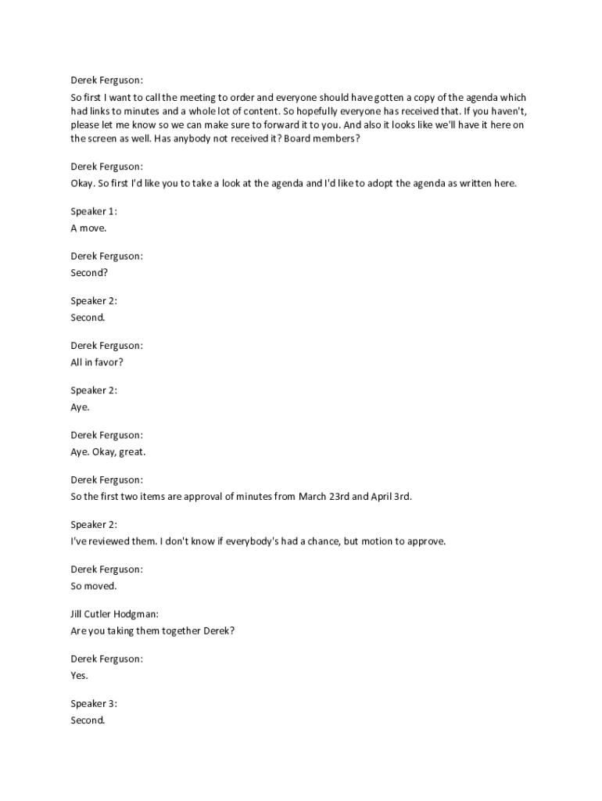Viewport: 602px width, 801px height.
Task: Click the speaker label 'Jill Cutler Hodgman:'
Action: (x=114, y=614)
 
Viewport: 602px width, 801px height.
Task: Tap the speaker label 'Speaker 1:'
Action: (x=94, y=212)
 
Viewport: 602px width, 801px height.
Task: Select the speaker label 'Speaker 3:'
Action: (x=94, y=703)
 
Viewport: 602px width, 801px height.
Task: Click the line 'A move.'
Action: (x=88, y=228)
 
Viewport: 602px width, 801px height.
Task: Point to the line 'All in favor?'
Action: (x=97, y=362)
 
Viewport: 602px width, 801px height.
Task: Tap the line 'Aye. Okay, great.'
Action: (x=108, y=452)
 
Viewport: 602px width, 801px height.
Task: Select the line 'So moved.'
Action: (x=93, y=586)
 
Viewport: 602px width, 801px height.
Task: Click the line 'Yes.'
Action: (x=79, y=675)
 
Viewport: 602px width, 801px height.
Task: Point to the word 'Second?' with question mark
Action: (x=89, y=273)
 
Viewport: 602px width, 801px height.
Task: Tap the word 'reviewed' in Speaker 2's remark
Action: (x=105, y=541)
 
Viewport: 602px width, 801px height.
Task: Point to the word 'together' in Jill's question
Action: (x=181, y=630)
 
